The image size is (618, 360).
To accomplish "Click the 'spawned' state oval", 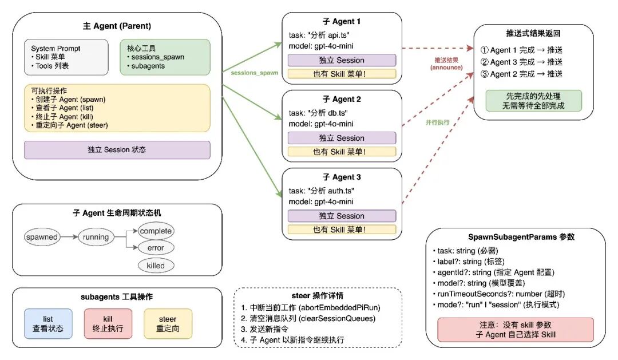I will [42, 236].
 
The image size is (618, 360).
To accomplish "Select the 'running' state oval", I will [96, 236].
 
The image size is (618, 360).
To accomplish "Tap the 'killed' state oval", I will [156, 266].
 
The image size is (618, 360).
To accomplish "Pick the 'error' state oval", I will [156, 248].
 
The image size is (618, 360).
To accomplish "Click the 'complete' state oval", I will [156, 231].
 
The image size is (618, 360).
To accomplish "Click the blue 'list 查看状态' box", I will [48, 324].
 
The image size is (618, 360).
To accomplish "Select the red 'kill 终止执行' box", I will [108, 324].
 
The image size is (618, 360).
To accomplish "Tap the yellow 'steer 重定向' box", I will [168, 324].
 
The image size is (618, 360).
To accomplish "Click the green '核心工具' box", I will [165, 57].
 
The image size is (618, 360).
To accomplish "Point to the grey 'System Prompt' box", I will [66, 57].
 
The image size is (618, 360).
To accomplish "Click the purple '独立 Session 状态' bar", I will [117, 149].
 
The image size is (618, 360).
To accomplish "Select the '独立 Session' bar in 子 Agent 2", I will [342, 138].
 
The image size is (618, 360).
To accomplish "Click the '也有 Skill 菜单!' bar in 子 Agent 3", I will [342, 230].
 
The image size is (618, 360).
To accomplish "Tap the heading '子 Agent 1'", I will [342, 22].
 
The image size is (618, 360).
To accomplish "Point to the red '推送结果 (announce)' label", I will [446, 64].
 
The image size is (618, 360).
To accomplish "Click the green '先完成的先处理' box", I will [533, 101].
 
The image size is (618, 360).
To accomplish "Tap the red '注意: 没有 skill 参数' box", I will [515, 330].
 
